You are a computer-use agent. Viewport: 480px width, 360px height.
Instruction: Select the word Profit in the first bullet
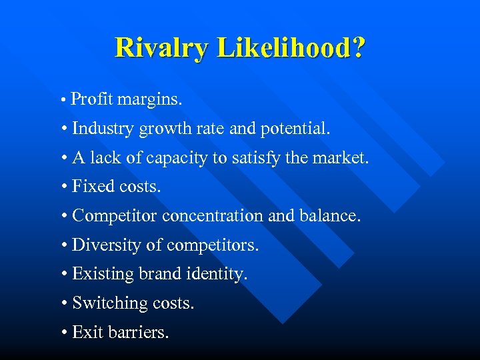(93, 99)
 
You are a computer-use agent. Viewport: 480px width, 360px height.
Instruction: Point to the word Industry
(103, 128)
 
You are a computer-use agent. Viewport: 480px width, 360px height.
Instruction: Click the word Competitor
(115, 216)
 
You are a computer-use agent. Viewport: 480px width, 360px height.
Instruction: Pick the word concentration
(219, 216)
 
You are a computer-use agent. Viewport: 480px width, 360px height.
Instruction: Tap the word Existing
(103, 274)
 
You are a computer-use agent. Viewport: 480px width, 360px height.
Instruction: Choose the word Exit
(87, 332)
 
